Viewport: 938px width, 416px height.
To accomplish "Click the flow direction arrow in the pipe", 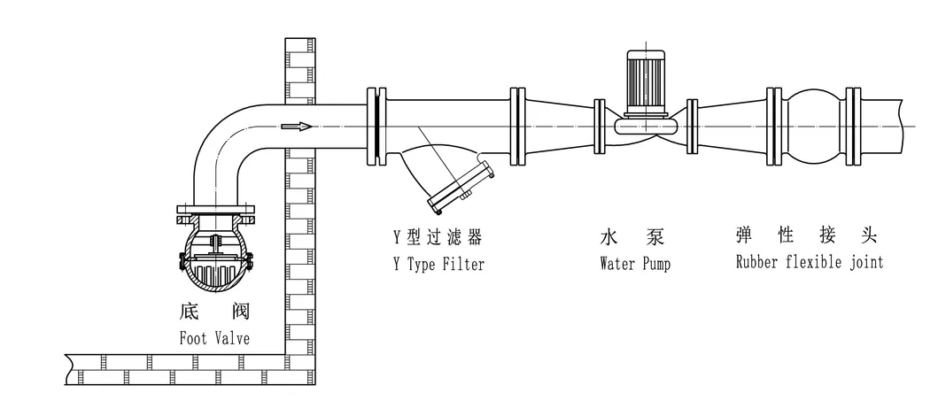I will tap(297, 127).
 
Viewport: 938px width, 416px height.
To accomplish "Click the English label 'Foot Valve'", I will tap(214, 337).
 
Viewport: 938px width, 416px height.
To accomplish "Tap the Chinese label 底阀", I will tap(214, 312).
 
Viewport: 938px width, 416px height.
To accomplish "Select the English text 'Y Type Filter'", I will tap(438, 264).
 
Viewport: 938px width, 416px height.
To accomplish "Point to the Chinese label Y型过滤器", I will tap(438, 237).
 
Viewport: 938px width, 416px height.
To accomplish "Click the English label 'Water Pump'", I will tap(634, 264).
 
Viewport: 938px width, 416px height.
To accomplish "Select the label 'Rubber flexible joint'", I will tap(809, 262).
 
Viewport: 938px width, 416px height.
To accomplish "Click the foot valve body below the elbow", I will tap(215, 257).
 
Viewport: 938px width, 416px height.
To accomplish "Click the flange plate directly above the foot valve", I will tap(215, 212).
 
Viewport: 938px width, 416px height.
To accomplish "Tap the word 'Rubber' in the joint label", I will tap(756, 262).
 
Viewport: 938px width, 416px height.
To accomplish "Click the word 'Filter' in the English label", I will tap(464, 264).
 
